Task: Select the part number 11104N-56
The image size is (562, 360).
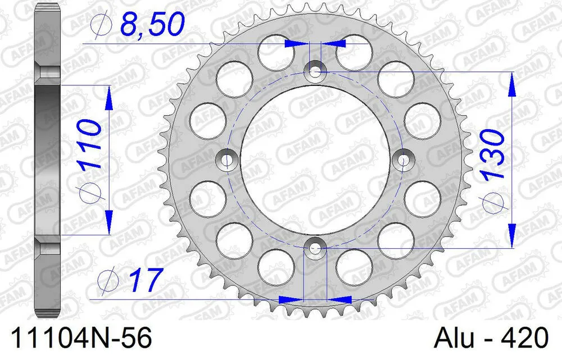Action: coord(76,339)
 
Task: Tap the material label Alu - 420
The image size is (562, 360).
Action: coord(491,339)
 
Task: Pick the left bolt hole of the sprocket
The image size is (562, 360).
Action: coord(226,160)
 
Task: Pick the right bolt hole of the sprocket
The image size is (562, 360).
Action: coord(403,160)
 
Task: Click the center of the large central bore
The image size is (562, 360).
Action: coord(315,160)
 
